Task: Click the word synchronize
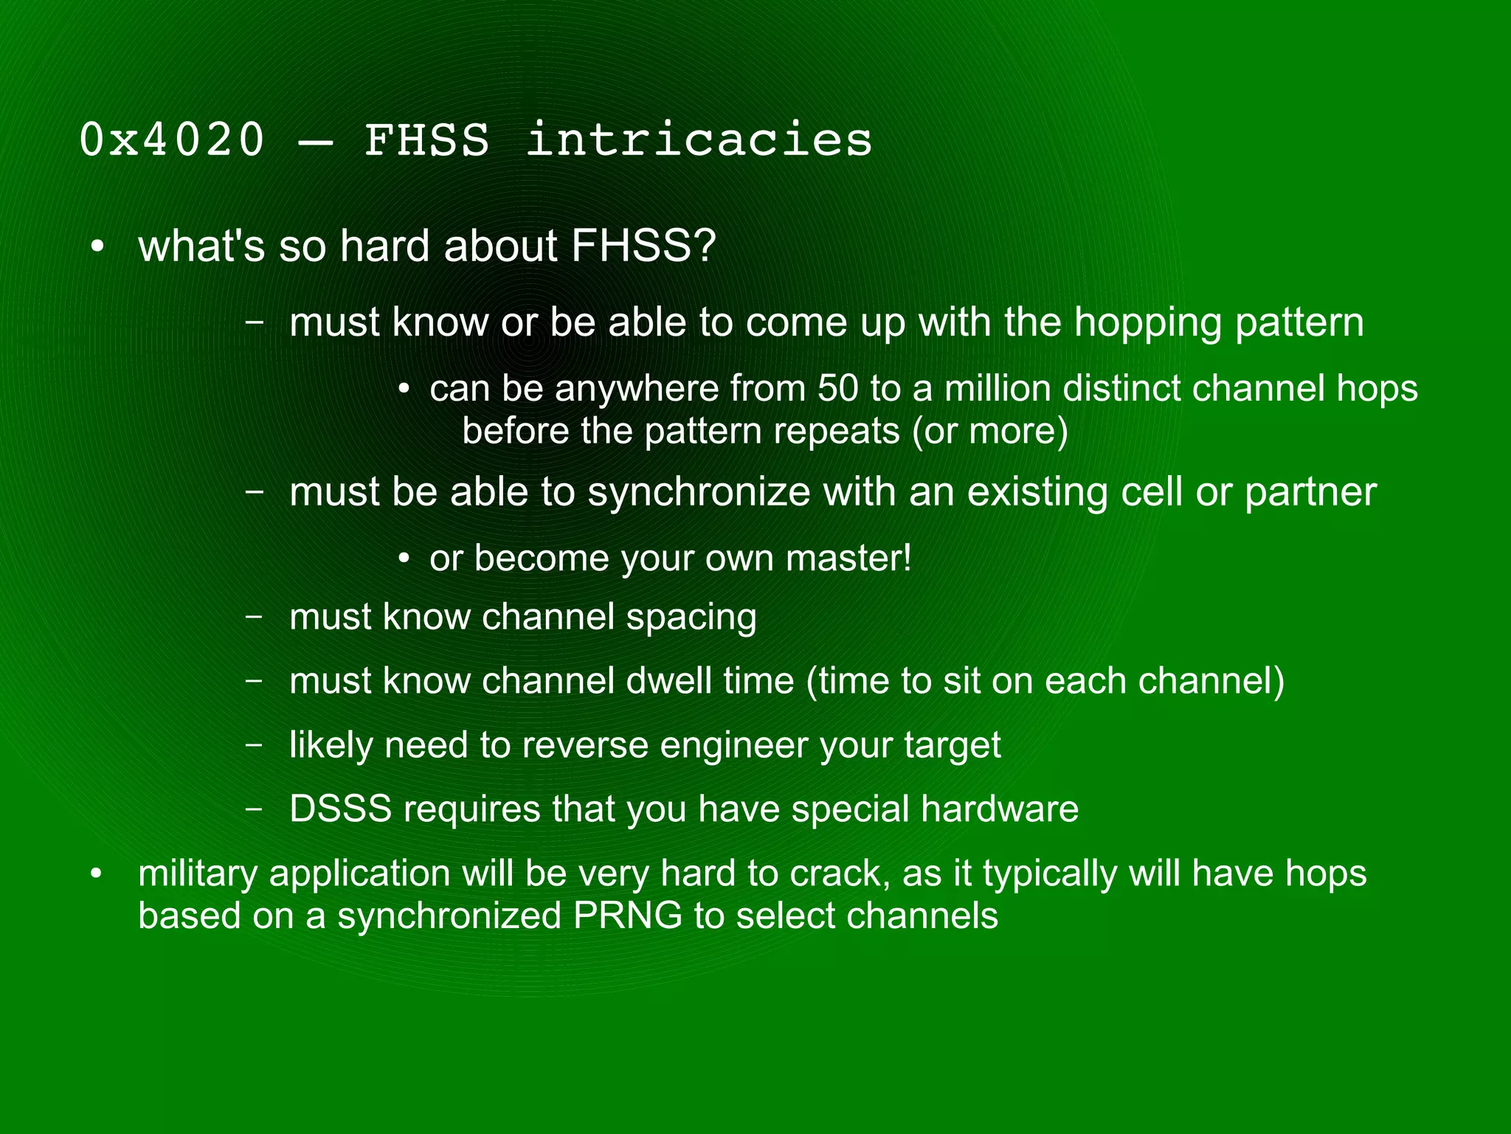[699, 492]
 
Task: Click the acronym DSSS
[340, 809]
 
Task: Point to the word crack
[838, 874]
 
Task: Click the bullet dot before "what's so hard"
[97, 248]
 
